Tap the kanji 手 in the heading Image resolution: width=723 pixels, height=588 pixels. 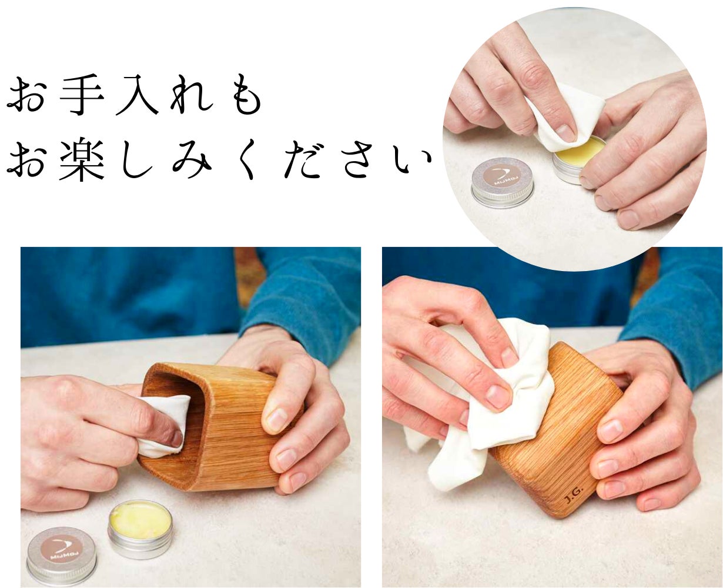coord(82,95)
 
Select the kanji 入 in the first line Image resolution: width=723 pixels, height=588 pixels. coord(137,95)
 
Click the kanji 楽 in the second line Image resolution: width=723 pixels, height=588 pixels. coord(82,159)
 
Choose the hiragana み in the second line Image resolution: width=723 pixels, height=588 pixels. coord(192,159)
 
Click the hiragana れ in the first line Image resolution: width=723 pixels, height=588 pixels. coord(191,95)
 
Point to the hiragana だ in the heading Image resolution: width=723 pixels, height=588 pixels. coord(302,159)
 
